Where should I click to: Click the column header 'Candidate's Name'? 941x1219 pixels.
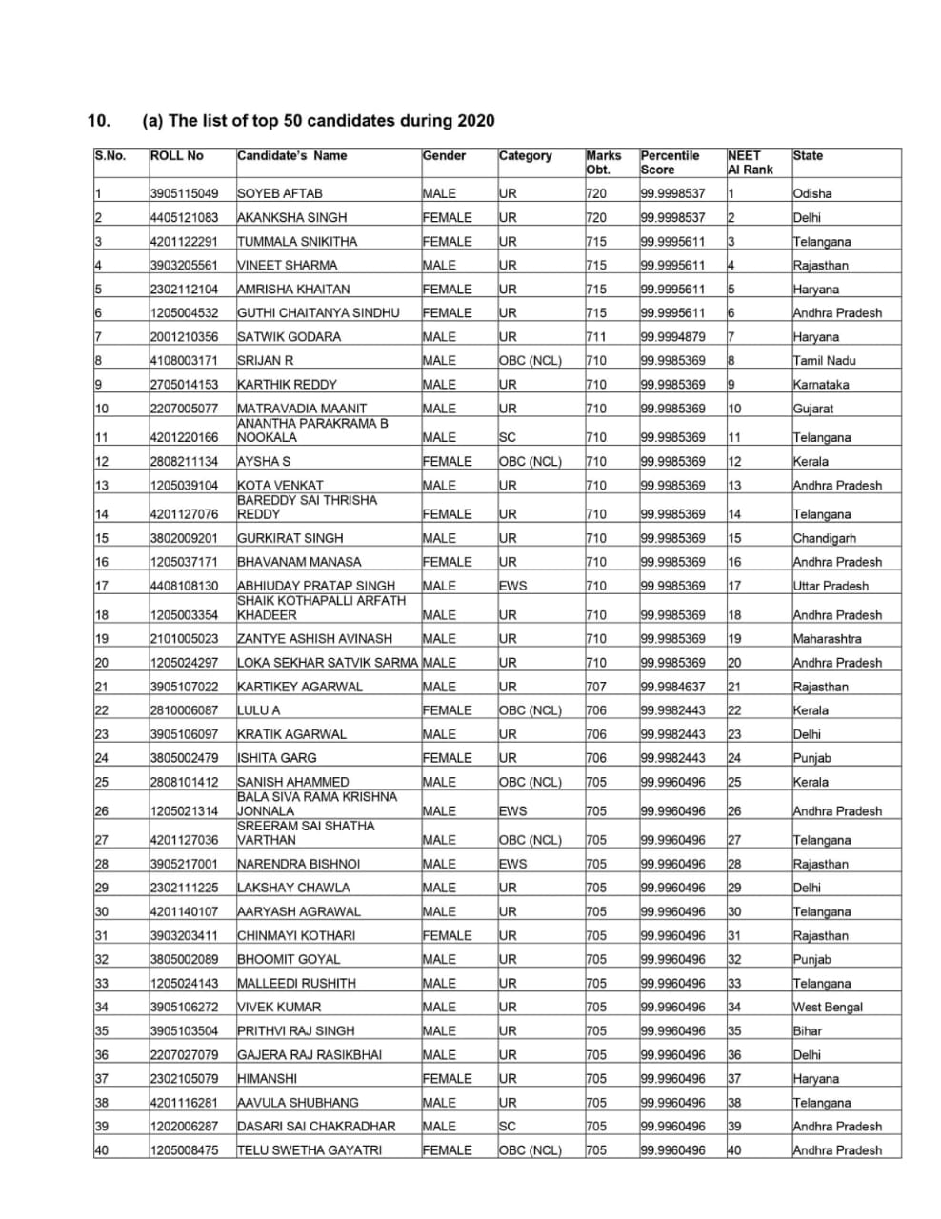(x=291, y=156)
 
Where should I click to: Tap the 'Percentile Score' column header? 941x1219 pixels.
(x=670, y=163)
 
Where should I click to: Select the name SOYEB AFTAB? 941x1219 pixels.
(x=279, y=193)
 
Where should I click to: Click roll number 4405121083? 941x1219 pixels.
(x=184, y=217)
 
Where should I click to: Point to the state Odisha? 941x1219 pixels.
(x=812, y=193)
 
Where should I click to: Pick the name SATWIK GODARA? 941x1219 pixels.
(x=289, y=336)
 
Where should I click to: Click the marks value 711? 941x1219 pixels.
(x=595, y=336)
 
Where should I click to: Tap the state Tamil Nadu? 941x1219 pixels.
(x=825, y=360)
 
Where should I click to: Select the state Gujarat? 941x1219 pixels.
(x=813, y=409)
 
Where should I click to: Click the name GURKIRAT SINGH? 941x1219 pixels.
(x=290, y=538)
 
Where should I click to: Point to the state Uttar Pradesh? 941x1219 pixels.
(x=831, y=586)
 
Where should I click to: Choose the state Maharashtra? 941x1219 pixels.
(x=827, y=639)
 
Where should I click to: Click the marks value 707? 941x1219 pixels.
(x=595, y=687)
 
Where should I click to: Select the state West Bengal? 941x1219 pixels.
(x=828, y=1007)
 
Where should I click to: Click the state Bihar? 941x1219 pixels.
(x=807, y=1030)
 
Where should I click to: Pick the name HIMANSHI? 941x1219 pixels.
(x=267, y=1079)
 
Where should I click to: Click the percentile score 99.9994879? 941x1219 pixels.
(x=672, y=336)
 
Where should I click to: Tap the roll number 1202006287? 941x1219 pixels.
(x=184, y=1127)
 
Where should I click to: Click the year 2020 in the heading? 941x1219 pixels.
(x=475, y=121)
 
